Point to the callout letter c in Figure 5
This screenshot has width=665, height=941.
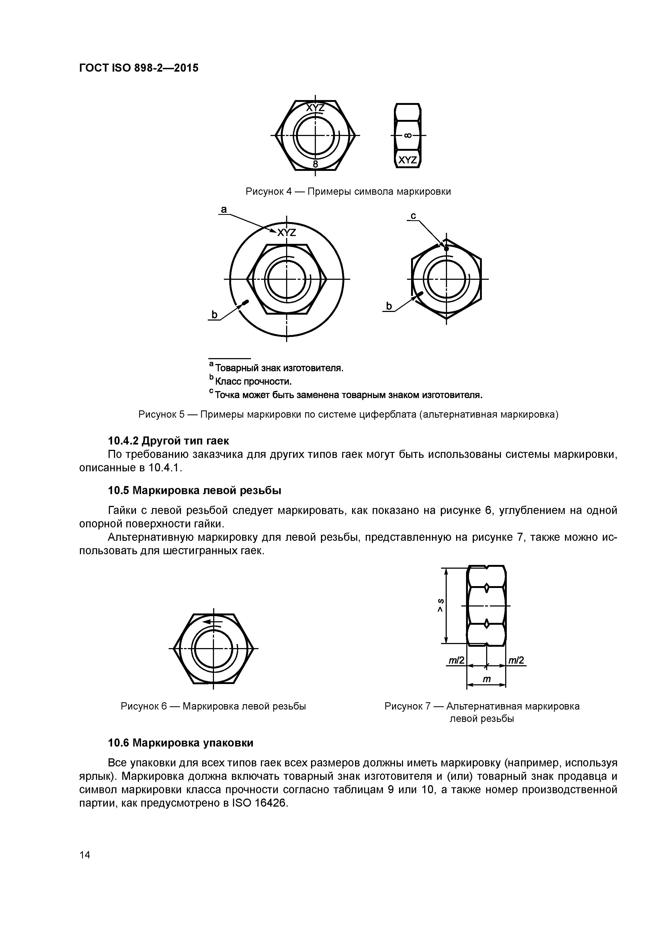(x=413, y=216)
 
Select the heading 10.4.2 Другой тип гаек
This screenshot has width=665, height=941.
(x=168, y=441)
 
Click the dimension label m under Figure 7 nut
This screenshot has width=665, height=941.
(x=486, y=679)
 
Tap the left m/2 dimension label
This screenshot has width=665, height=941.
(x=456, y=660)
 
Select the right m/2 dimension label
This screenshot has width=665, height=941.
(x=516, y=660)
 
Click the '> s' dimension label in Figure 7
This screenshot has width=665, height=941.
(x=441, y=605)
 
